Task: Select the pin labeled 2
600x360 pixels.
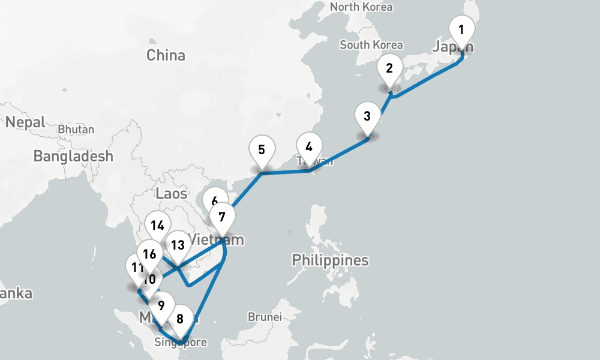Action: tap(389, 68)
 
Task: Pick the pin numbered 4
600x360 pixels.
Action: tap(309, 147)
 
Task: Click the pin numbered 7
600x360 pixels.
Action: tap(222, 217)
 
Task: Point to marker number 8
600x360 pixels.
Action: tap(180, 315)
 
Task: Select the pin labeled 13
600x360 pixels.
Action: tap(178, 245)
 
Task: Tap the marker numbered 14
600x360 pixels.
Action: tap(158, 226)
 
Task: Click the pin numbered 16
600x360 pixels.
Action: tap(150, 254)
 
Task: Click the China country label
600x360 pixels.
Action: tap(166, 56)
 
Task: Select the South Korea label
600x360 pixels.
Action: tap(371, 45)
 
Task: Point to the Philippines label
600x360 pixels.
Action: tap(330, 260)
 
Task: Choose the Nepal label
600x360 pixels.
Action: tap(25, 122)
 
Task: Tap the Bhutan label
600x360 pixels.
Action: tap(76, 129)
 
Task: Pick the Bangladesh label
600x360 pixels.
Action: tap(73, 157)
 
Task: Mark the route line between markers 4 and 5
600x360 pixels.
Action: tap(286, 172)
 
